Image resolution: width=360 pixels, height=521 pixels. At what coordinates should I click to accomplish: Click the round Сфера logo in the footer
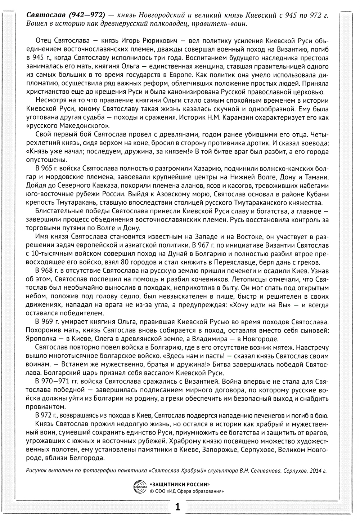pyautogui.click(x=139, y=487)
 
